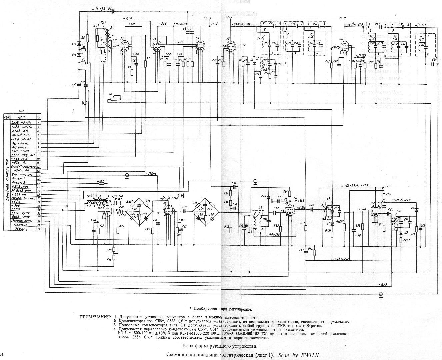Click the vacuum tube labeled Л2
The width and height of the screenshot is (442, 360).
[x=125, y=46]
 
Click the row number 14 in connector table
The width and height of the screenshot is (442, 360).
[x=39, y=174]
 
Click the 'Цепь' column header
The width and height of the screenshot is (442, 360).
[x=22, y=117]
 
